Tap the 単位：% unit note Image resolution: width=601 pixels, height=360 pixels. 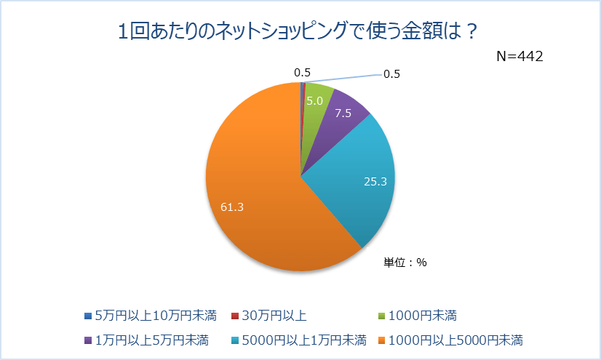[405, 263]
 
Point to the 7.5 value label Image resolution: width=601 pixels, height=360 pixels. [343, 113]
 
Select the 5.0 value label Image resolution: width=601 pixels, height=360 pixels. [314, 101]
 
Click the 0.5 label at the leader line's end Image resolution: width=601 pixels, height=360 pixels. [391, 73]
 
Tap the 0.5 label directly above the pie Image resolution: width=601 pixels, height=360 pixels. [302, 72]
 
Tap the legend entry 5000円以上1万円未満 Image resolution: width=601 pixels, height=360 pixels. [299, 339]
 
